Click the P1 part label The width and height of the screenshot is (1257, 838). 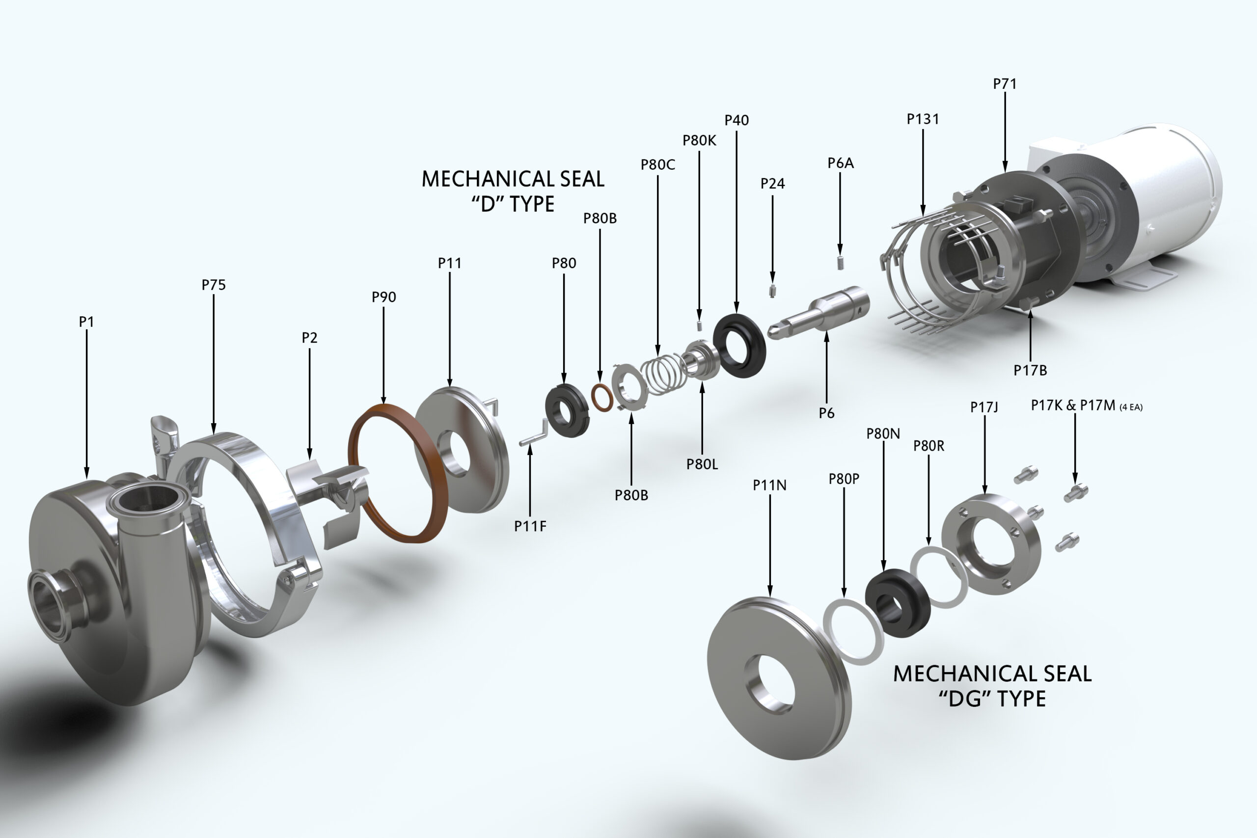[86, 322]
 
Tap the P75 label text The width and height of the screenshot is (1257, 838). [213, 285]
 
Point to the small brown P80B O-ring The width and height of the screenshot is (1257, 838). [602, 397]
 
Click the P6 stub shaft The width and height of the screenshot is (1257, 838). [818, 312]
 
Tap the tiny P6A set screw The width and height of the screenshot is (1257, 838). [840, 263]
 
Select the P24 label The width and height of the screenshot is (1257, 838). [772, 184]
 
